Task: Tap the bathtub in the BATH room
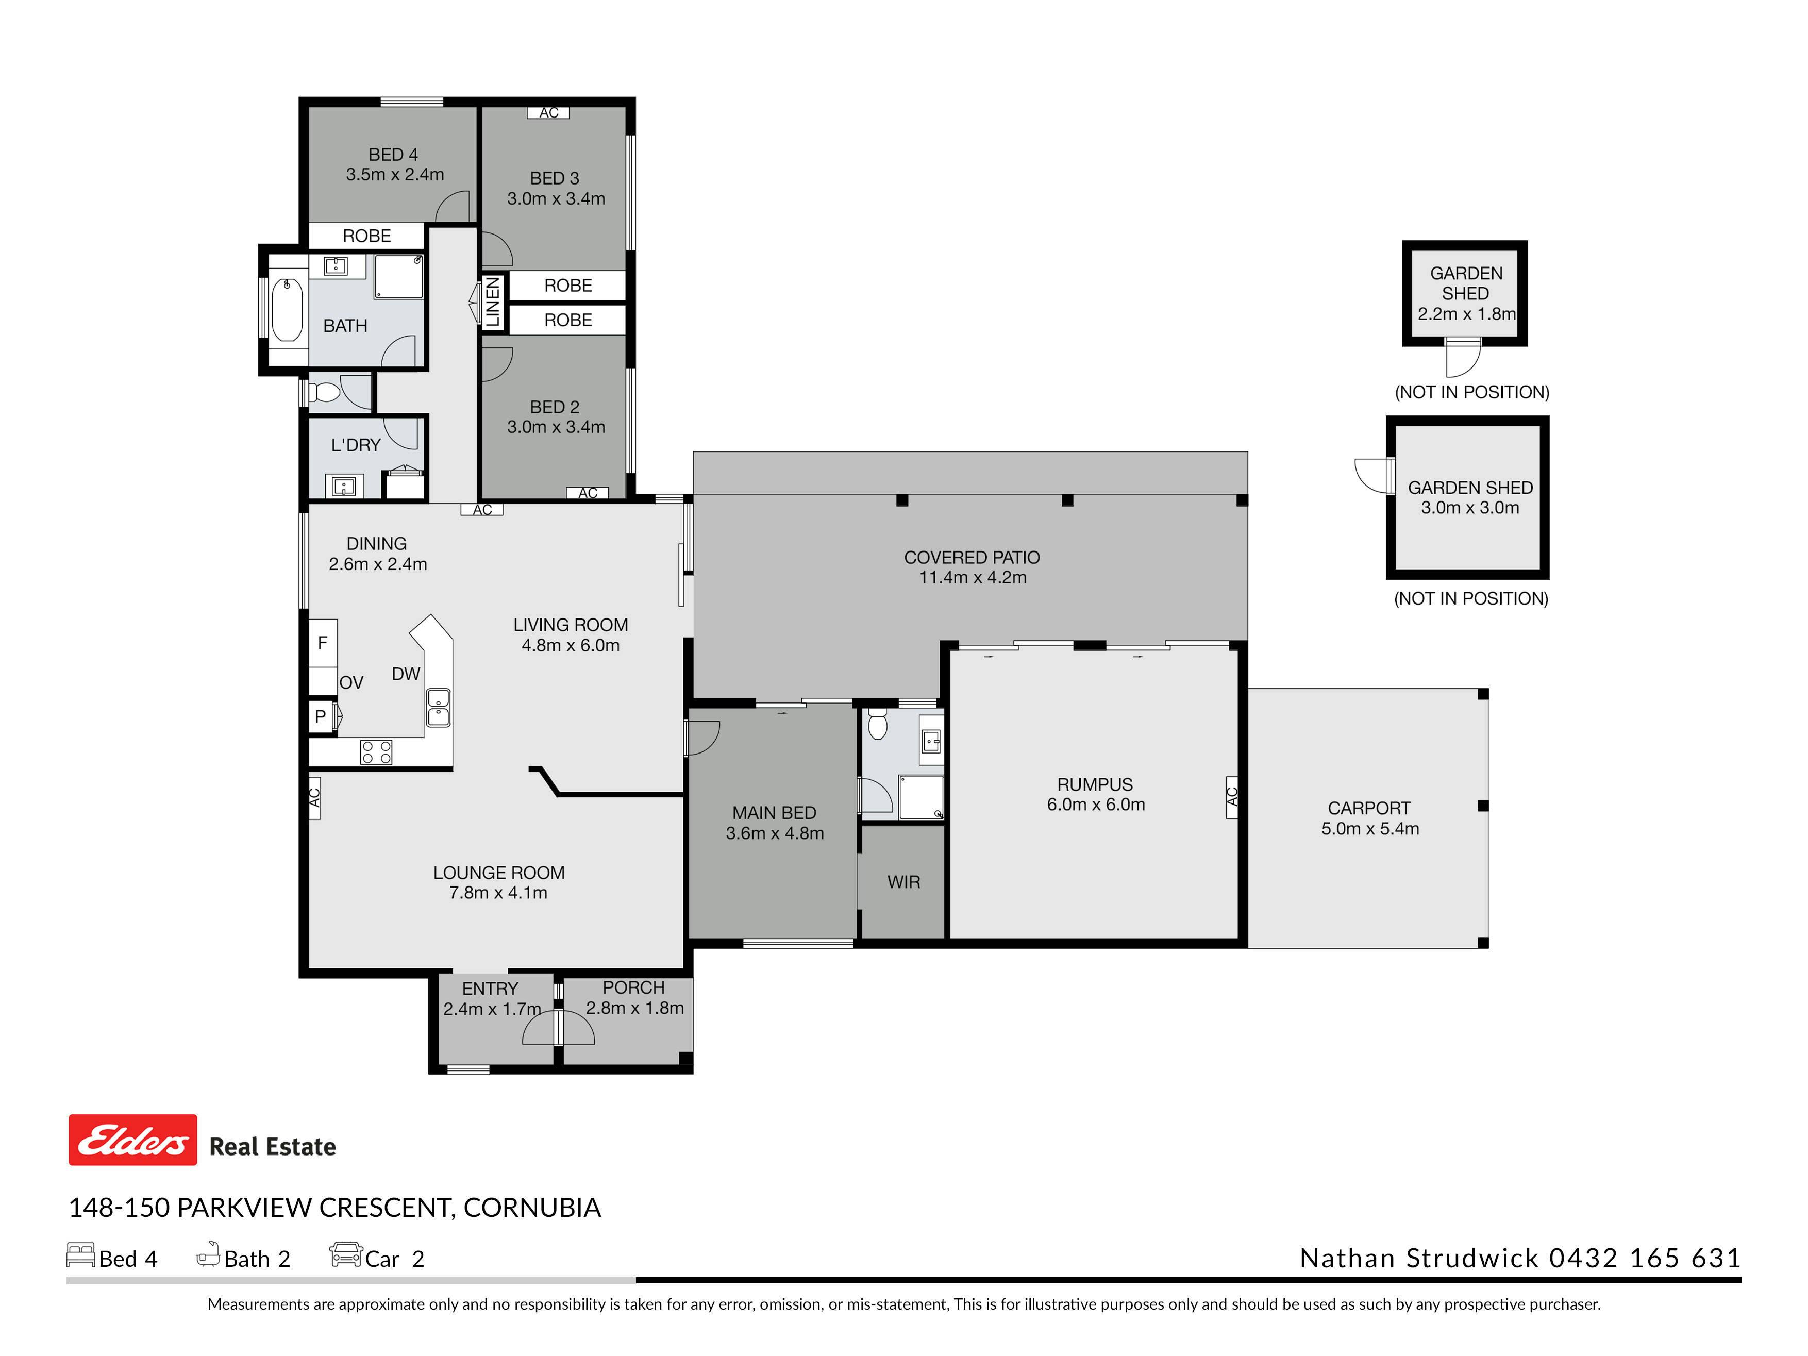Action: pos(287,310)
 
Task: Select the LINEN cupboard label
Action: pos(492,302)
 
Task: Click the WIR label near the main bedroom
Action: pos(903,882)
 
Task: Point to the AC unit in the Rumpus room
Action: pos(1232,796)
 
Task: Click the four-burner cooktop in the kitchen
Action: pos(376,752)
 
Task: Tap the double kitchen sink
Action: pos(438,708)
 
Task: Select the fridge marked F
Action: pos(323,643)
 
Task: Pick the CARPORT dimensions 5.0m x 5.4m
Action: pos(1370,828)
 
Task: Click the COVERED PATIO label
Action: pos(972,558)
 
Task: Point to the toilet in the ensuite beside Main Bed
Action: pos(877,724)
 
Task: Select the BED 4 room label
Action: pos(393,155)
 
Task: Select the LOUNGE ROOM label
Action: pos(498,873)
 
